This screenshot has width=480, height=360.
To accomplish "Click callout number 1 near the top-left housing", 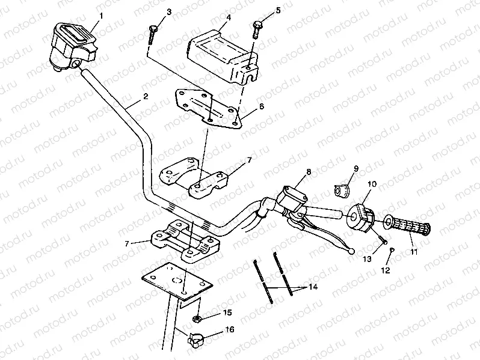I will [101, 15].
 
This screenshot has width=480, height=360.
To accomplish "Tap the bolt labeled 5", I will [257, 28].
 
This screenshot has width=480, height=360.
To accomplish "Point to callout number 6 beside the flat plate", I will [262, 105].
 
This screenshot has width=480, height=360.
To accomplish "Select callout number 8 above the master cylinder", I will [309, 172].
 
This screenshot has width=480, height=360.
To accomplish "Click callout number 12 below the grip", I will [386, 270].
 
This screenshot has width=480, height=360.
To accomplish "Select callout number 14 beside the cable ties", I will [313, 287].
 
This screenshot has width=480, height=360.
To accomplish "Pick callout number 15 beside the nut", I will [227, 313].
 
